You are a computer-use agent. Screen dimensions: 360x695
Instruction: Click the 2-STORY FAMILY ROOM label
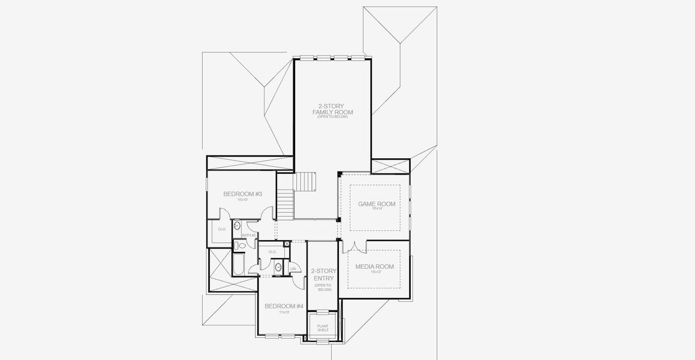coord(333,109)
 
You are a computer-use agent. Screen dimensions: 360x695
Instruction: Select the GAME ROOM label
coord(377,204)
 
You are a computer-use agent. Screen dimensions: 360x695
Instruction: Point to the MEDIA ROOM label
coord(374,266)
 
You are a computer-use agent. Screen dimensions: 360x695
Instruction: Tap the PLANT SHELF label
coord(323,328)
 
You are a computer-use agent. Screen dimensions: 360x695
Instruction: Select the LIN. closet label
coord(293,268)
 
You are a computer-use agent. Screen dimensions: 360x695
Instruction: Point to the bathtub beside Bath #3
coord(237,264)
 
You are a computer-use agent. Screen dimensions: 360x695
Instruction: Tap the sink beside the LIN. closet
coord(278,266)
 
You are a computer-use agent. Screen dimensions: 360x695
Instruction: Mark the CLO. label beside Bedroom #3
coord(222,229)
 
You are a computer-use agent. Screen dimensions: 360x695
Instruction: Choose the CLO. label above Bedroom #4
coord(272,251)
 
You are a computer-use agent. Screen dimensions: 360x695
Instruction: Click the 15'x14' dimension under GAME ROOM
coord(377,209)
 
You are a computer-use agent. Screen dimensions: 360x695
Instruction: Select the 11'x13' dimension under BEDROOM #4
coord(284,312)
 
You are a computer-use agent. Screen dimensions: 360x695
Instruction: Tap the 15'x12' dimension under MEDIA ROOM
coord(374,272)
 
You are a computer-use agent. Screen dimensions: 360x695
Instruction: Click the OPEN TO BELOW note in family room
coord(333,116)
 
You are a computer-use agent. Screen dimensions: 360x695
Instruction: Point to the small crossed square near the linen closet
coord(287,244)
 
